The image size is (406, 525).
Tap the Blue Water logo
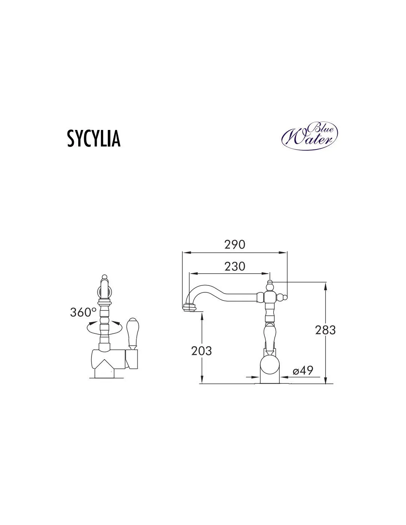click(x=309, y=135)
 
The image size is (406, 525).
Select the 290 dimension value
click(x=235, y=244)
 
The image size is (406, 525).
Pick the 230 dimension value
click(x=235, y=267)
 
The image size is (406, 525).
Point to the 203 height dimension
click(x=202, y=351)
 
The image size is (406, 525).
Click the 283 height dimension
click(x=325, y=330)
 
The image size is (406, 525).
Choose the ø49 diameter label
click(x=303, y=370)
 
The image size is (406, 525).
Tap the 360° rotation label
click(x=83, y=312)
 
